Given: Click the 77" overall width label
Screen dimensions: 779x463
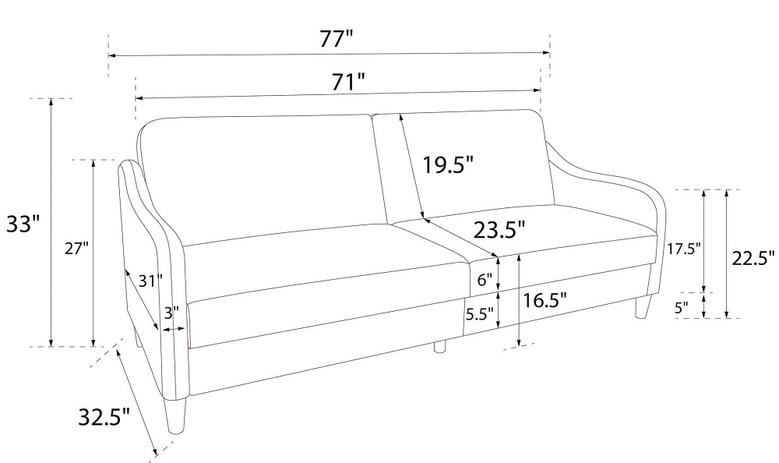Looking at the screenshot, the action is (x=337, y=39).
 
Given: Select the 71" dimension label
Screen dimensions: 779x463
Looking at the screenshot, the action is (x=348, y=82).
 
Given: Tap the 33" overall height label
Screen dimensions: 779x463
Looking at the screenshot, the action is (x=23, y=224).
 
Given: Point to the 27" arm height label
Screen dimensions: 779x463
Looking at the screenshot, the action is (x=76, y=249).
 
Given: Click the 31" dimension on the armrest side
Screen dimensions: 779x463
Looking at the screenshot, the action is (x=150, y=281).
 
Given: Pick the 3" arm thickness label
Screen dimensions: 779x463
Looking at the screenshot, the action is (x=172, y=313).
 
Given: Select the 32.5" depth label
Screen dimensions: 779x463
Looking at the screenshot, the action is (x=104, y=417).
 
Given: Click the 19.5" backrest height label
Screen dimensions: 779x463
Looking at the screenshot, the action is (x=448, y=164).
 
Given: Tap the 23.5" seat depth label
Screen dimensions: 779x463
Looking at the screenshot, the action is (x=499, y=230).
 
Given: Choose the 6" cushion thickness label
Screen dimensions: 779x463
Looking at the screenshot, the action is (x=485, y=280).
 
